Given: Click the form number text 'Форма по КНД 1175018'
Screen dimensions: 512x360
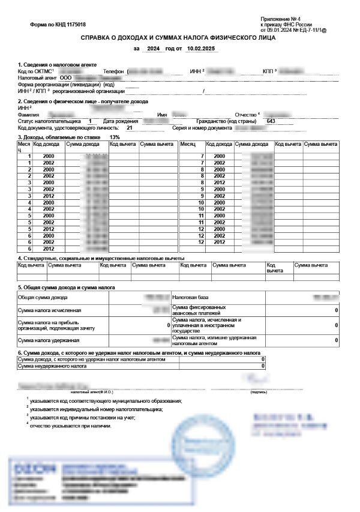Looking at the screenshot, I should (x=58, y=25).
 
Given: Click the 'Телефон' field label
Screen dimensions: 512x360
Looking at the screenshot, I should (x=113, y=71).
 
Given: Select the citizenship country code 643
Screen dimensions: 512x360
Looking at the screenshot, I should (x=271, y=121).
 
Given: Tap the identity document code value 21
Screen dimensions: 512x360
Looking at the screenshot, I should (x=129, y=128).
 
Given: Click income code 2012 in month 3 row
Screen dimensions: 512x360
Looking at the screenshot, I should (x=48, y=195).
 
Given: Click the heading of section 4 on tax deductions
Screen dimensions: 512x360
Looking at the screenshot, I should (x=101, y=258).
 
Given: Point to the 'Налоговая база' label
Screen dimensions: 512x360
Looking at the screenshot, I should (x=190, y=297).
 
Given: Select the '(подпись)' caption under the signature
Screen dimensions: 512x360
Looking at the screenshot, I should (x=260, y=391).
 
